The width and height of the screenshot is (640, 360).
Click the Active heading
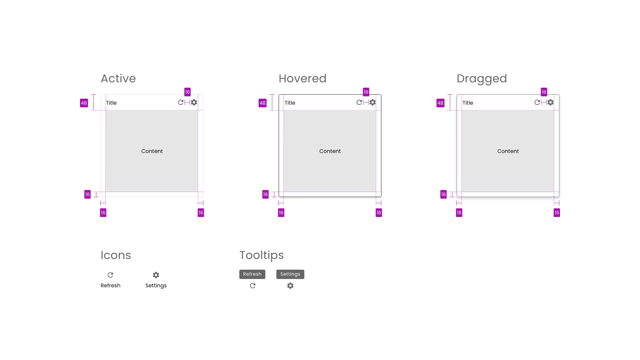tap(118, 79)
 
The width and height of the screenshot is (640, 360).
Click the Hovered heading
tap(302, 79)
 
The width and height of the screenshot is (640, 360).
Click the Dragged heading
tap(482, 79)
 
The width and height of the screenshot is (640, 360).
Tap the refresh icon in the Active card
tap(181, 102)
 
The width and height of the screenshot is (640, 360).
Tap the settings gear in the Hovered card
tap(373, 102)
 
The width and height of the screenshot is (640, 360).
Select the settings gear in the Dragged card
tap(551, 102)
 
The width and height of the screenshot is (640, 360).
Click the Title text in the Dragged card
tap(468, 103)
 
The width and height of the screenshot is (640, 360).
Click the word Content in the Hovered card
tap(330, 151)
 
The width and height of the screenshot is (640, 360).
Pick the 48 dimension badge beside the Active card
tap(84, 103)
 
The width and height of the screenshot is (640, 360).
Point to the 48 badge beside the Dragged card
tap(440, 103)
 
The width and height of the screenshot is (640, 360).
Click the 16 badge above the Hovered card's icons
tap(366, 92)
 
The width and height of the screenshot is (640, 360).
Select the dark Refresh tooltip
tap(252, 274)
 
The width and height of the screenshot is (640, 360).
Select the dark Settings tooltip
tap(290, 274)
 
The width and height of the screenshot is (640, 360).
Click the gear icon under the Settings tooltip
tap(290, 286)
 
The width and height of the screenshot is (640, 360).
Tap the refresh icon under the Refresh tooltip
tap(253, 286)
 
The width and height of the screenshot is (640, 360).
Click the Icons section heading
tap(116, 255)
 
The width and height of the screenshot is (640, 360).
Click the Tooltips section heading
tap(262, 255)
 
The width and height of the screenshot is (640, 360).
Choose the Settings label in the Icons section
tap(156, 286)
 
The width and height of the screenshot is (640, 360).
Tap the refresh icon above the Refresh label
tap(110, 275)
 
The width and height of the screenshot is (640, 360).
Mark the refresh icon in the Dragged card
tap(537, 102)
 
